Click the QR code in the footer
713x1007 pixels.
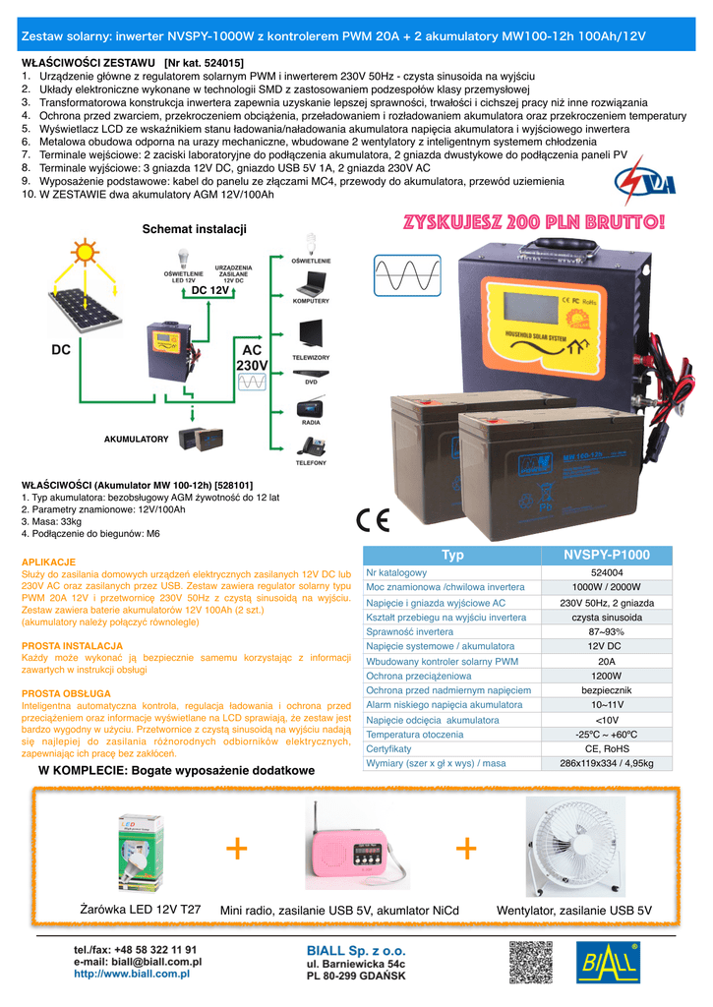pos(530,963)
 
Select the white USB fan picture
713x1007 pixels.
pos(574,845)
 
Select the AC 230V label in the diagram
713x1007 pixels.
pos(252,358)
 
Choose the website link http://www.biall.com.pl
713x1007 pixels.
pos(131,974)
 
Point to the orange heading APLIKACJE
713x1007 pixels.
pos(48,562)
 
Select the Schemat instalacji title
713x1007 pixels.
pos(194,229)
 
